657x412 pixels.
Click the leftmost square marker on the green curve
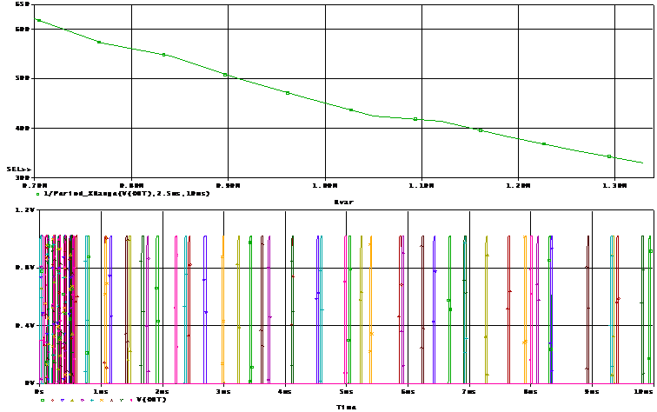[37, 19]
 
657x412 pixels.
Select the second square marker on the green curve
[99, 42]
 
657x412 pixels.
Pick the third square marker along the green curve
[163, 55]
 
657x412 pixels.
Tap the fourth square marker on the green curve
[225, 75]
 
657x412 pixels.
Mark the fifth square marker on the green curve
[288, 93]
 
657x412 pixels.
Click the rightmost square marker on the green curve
[609, 156]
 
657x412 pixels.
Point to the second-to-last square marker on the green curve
[544, 143]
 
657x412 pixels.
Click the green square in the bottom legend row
[42, 400]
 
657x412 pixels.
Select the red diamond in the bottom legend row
[51, 400]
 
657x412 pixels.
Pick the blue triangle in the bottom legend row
[62, 400]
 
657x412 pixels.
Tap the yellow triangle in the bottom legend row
[71, 400]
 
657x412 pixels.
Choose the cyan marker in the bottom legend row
[91, 400]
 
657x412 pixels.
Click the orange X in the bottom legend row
[101, 400]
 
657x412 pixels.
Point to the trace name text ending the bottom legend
[149, 400]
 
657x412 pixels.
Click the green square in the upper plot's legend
[37, 194]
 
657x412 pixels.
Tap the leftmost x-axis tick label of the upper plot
[36, 185]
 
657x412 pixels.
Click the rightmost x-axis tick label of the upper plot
[615, 185]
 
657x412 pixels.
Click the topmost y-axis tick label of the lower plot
[25, 209]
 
